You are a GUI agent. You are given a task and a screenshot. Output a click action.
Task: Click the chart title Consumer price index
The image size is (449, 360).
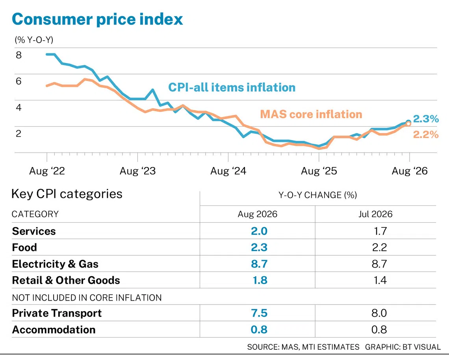[x=97, y=19]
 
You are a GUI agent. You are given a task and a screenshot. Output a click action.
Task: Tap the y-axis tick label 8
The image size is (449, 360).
[x=19, y=55]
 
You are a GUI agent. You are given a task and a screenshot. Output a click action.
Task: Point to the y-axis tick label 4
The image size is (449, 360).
[x=19, y=107]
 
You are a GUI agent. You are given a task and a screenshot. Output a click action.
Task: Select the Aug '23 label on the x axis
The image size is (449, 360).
[x=137, y=171]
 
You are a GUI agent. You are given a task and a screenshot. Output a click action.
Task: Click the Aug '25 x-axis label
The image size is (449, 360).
[x=319, y=171]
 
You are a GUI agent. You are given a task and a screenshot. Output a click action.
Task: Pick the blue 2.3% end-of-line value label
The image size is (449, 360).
[x=426, y=119]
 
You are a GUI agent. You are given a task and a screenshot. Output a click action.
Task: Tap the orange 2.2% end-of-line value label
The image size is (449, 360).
[x=426, y=135]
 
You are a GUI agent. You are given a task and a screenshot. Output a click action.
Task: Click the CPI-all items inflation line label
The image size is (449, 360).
[x=232, y=87]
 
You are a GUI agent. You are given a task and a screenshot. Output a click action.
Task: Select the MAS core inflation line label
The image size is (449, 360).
[x=311, y=114]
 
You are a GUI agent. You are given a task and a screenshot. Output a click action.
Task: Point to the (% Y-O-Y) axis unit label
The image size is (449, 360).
[x=34, y=40]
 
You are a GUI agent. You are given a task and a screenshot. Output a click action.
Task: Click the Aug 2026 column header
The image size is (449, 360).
[x=258, y=214]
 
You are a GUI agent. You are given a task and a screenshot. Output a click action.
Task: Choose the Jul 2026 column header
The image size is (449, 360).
[x=375, y=214]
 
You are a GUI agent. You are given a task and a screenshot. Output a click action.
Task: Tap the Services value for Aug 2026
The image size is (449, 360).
[x=259, y=231]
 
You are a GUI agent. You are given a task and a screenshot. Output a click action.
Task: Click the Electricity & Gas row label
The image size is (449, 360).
[x=55, y=264]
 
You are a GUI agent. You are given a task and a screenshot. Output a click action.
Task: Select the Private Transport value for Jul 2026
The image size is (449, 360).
[x=379, y=313]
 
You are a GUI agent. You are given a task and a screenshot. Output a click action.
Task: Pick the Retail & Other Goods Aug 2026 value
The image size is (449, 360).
[x=260, y=280]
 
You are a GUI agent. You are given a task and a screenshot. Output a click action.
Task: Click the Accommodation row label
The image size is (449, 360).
[x=54, y=330]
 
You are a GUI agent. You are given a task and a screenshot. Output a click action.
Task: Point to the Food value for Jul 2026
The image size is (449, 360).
[x=379, y=247]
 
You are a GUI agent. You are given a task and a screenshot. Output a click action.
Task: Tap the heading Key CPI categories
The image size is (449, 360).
[x=67, y=194]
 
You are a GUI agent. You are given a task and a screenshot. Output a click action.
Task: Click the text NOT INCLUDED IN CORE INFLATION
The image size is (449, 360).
[x=87, y=298]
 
